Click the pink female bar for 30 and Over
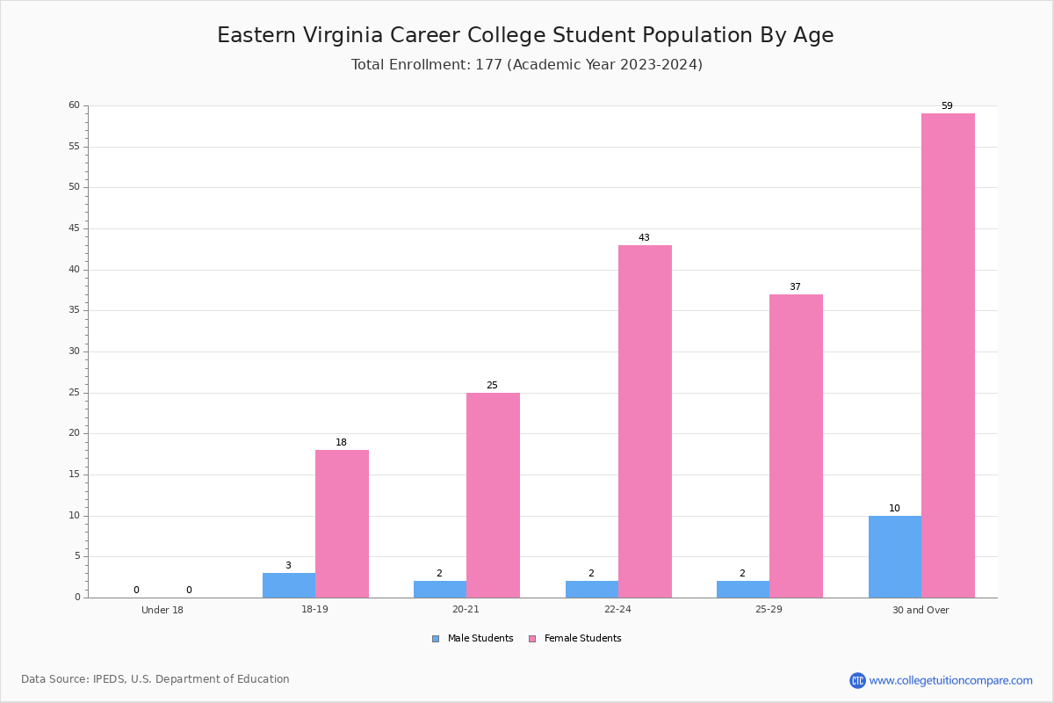(948, 356)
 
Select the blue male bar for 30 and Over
(895, 556)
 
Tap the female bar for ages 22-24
(645, 422)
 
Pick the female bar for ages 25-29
(796, 446)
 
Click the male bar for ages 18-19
(289, 585)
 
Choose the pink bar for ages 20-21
(493, 496)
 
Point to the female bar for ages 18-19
(342, 524)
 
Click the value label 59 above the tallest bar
(947, 106)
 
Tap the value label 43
(644, 238)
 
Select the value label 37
(795, 286)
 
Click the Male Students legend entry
(473, 639)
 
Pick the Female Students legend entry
(575, 639)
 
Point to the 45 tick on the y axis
(75, 228)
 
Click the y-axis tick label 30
(75, 351)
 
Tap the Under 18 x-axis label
(162, 610)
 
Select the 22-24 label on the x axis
(617, 609)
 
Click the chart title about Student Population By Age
(525, 35)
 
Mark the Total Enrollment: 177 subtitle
(527, 64)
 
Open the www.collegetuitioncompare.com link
(951, 680)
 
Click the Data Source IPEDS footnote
(155, 679)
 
